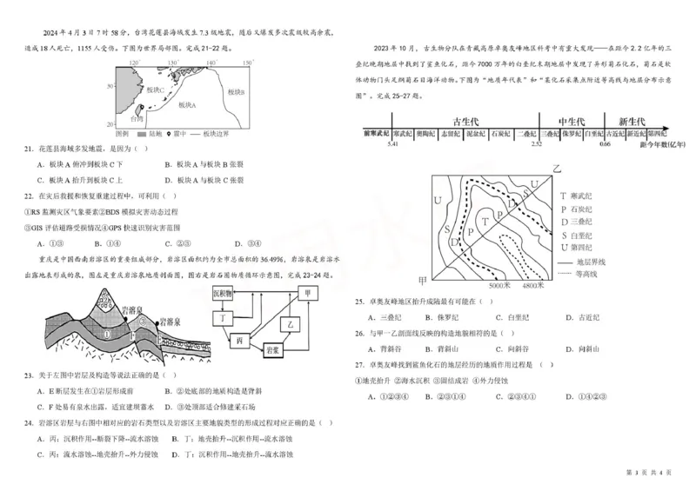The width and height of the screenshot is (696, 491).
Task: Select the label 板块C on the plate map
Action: coord(155,90)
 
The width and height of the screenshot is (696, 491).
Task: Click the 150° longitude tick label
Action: coord(247,63)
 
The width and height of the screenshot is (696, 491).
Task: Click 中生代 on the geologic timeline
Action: coord(570,121)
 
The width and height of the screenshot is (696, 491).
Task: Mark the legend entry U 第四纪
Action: coord(583,246)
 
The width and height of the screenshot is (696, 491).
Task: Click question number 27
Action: coord(358,366)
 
